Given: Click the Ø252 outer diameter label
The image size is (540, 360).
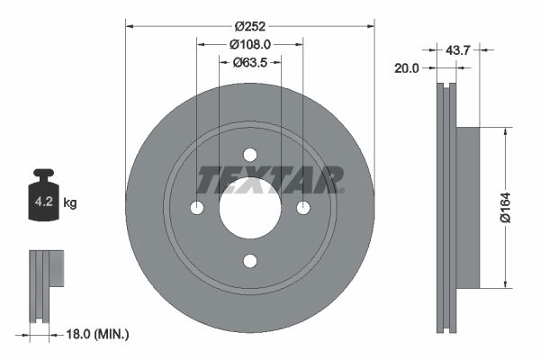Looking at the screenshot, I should point(249,25).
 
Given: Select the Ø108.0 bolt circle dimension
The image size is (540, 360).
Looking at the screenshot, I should point(250,43).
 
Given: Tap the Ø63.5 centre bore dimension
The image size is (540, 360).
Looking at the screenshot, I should point(250,62).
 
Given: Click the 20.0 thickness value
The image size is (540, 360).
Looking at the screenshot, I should point(407,67).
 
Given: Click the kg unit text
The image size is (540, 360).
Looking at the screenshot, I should point(70,203).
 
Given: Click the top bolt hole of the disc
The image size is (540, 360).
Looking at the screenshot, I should point(250,154).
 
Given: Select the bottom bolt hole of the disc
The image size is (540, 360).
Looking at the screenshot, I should point(250,261).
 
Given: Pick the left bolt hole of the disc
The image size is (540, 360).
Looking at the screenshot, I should point(197,208).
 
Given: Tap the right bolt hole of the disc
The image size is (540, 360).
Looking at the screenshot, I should point(303,208).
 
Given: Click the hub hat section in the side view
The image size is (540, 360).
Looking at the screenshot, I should point(467,207).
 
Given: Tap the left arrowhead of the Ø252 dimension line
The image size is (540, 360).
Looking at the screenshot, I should point(130,25).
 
